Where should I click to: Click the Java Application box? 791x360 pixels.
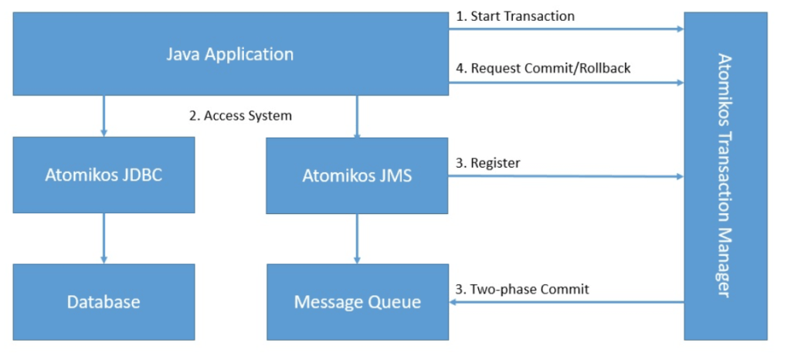[230, 54]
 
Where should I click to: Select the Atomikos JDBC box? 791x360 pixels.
[104, 175]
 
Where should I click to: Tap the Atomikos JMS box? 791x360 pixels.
[357, 175]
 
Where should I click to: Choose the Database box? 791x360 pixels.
[104, 301]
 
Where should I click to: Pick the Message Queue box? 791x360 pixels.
[357, 301]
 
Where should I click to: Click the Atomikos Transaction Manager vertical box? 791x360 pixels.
[725, 175]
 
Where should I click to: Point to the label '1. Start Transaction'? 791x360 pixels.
[514, 15]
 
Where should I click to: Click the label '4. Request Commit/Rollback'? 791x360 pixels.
[543, 68]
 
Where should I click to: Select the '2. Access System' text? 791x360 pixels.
[240, 116]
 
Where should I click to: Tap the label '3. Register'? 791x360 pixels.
[487, 163]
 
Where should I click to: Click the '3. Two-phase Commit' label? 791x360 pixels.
[521, 289]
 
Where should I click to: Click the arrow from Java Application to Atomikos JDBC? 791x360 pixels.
[104, 116]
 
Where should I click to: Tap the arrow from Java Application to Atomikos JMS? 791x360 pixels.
[356, 116]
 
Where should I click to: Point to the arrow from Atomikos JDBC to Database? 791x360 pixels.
[104, 238]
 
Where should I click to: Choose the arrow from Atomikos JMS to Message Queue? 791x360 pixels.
[356, 238]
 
